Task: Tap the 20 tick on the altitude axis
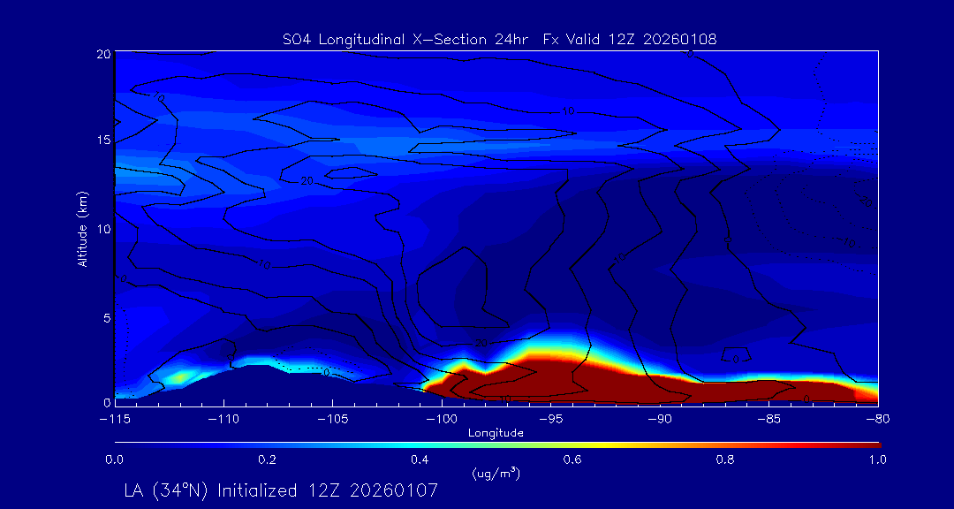tap(103, 54)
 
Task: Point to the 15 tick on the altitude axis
tap(103, 141)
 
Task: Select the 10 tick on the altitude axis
tap(103, 228)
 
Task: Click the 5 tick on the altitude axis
tap(106, 315)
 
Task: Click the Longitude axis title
tap(496, 432)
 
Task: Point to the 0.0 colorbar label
tap(114, 460)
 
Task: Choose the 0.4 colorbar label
tap(420, 460)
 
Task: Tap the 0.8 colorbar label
tap(725, 460)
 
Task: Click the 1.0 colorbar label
tap(877, 460)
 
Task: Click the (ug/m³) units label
tap(496, 474)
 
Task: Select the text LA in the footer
tap(134, 490)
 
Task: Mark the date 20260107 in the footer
tap(397, 490)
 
